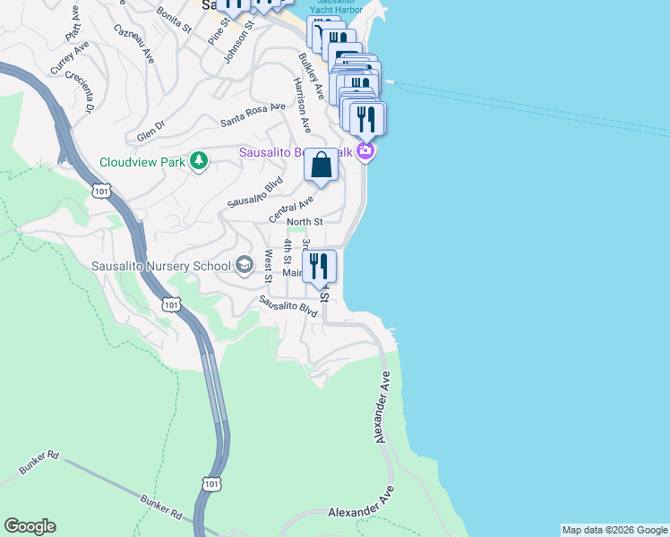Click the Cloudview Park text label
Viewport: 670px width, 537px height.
141,162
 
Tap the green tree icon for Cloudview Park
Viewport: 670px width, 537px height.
199,161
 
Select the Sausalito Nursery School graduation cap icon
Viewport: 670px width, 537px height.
245,265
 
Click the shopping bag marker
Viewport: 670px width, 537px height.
321,166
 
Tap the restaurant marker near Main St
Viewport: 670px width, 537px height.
319,267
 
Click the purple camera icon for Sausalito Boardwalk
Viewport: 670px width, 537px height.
365,151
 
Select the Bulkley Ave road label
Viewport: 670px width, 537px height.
311,75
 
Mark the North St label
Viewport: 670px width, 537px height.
305,222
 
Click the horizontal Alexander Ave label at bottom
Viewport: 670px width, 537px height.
361,513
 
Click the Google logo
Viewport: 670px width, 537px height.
30,526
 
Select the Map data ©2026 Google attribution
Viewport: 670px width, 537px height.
614,530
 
